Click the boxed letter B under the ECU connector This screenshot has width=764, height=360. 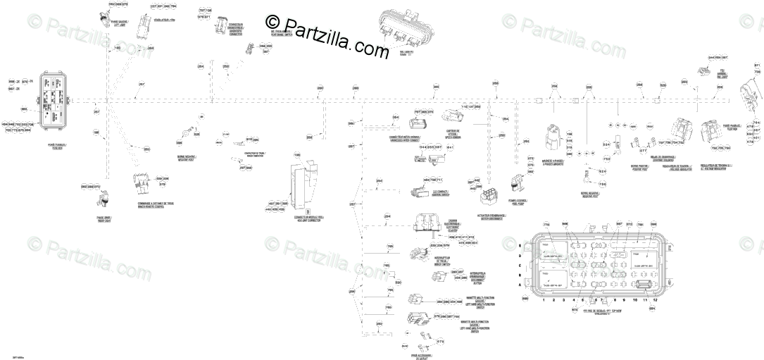[308, 211]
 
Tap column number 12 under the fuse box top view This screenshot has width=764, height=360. [655, 300]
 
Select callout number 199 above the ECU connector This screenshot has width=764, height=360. [296, 154]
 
